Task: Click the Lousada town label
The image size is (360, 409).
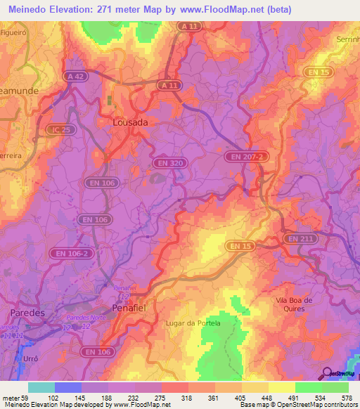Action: [131, 122]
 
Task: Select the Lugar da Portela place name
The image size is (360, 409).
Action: [191, 323]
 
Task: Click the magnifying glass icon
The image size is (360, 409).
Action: [326, 372]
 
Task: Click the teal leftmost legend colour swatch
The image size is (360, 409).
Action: [41, 387]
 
